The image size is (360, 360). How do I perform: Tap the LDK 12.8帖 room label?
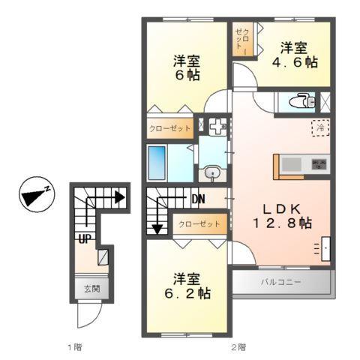pos(283,214)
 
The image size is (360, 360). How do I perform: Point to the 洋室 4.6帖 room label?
pos(294,55)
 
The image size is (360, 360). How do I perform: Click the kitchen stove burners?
pos(319,163)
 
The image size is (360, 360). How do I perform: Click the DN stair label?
pos(198,199)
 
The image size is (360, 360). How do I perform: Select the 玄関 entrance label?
pos(91,289)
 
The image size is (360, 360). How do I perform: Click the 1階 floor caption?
pos(73,347)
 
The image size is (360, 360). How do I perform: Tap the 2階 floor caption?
pos(238,347)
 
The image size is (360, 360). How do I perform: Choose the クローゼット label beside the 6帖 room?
pos(169,128)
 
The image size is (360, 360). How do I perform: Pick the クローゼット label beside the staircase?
pos(199,223)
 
